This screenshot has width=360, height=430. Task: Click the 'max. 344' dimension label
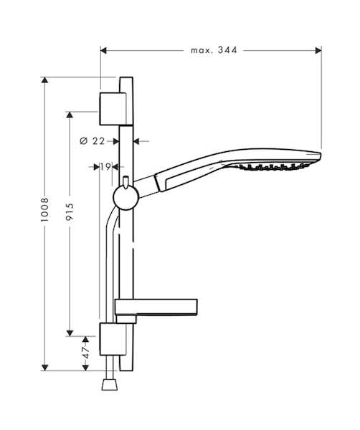pyautogui.click(x=214, y=50)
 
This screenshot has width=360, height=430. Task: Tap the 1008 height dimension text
pyautogui.click(x=44, y=209)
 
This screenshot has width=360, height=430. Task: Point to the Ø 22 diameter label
pyautogui.click(x=93, y=141)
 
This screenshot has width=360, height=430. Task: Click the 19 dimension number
pyautogui.click(x=105, y=166)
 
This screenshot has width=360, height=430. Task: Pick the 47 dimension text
pyautogui.click(x=86, y=353)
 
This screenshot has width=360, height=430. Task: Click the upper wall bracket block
pyautogui.click(x=113, y=109)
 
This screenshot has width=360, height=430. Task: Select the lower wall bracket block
pyautogui.click(x=113, y=339)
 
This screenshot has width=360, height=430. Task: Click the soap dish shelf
pyautogui.click(x=156, y=307)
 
